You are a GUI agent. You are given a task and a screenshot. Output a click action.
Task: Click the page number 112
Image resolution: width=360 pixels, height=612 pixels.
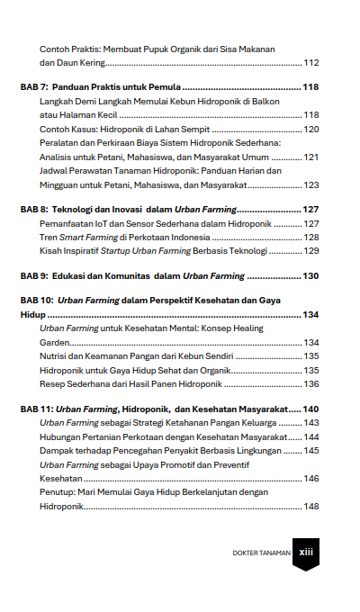click(311, 63)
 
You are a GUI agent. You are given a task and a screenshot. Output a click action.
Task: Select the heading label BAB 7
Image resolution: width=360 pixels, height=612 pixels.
click(35, 88)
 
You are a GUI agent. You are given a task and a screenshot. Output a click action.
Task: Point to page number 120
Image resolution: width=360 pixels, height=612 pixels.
click(311, 130)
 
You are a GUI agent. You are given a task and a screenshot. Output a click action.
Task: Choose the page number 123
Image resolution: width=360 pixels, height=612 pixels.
click(311, 184)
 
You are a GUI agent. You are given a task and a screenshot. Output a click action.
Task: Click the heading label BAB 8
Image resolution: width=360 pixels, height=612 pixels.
click(35, 210)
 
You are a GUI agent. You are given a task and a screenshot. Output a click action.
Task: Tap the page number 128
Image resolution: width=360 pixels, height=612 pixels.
click(311, 237)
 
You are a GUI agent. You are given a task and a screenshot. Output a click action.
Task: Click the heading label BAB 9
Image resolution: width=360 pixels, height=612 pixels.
click(35, 277)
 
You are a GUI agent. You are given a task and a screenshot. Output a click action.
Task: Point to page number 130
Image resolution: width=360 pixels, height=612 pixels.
click(311, 277)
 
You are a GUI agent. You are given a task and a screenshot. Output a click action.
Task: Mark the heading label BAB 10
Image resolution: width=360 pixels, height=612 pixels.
click(38, 302)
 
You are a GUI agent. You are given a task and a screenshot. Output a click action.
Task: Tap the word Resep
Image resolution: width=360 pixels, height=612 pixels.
click(53, 383)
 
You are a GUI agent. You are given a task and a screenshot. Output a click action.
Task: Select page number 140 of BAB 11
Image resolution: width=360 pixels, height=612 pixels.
click(311, 409)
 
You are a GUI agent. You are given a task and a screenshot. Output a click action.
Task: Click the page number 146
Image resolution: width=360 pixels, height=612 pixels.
click(311, 479)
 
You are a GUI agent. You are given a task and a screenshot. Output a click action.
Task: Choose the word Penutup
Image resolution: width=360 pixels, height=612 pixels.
click(58, 492)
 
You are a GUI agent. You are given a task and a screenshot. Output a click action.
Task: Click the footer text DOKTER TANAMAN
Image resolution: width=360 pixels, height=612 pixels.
click(261, 553)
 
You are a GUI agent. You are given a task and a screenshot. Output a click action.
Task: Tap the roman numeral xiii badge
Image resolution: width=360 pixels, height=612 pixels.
click(305, 553)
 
